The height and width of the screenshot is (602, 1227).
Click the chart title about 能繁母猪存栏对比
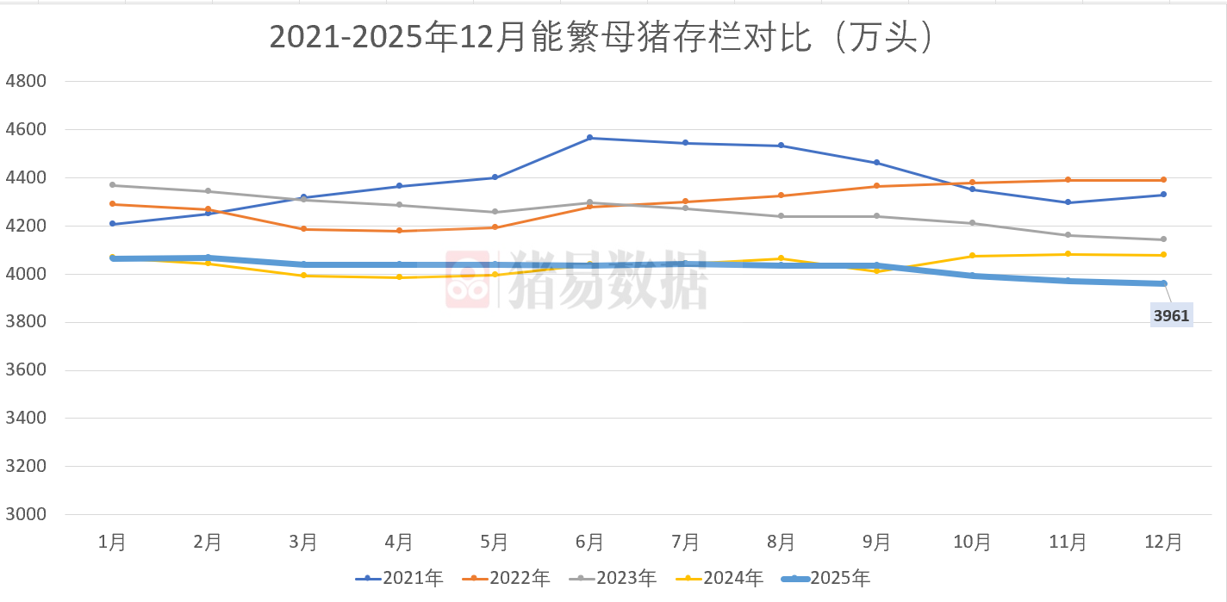(601, 38)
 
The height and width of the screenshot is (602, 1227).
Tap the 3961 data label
(1171, 316)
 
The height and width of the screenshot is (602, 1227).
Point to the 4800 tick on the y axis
(25, 82)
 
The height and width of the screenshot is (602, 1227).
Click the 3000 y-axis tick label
(25, 515)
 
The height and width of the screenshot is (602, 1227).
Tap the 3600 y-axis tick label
(25, 370)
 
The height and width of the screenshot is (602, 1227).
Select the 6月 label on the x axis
(590, 542)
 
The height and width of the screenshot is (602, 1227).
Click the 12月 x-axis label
(1163, 542)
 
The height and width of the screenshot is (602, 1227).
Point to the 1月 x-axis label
(113, 542)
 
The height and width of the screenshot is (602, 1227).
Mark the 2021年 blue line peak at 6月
(590, 138)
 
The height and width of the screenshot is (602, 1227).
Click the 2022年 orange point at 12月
(1163, 180)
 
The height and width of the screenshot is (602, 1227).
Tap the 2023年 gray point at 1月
(113, 185)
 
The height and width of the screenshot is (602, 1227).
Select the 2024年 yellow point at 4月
(399, 277)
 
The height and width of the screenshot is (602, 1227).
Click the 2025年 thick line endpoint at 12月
(1163, 283)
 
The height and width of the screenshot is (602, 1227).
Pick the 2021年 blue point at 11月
(1068, 202)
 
